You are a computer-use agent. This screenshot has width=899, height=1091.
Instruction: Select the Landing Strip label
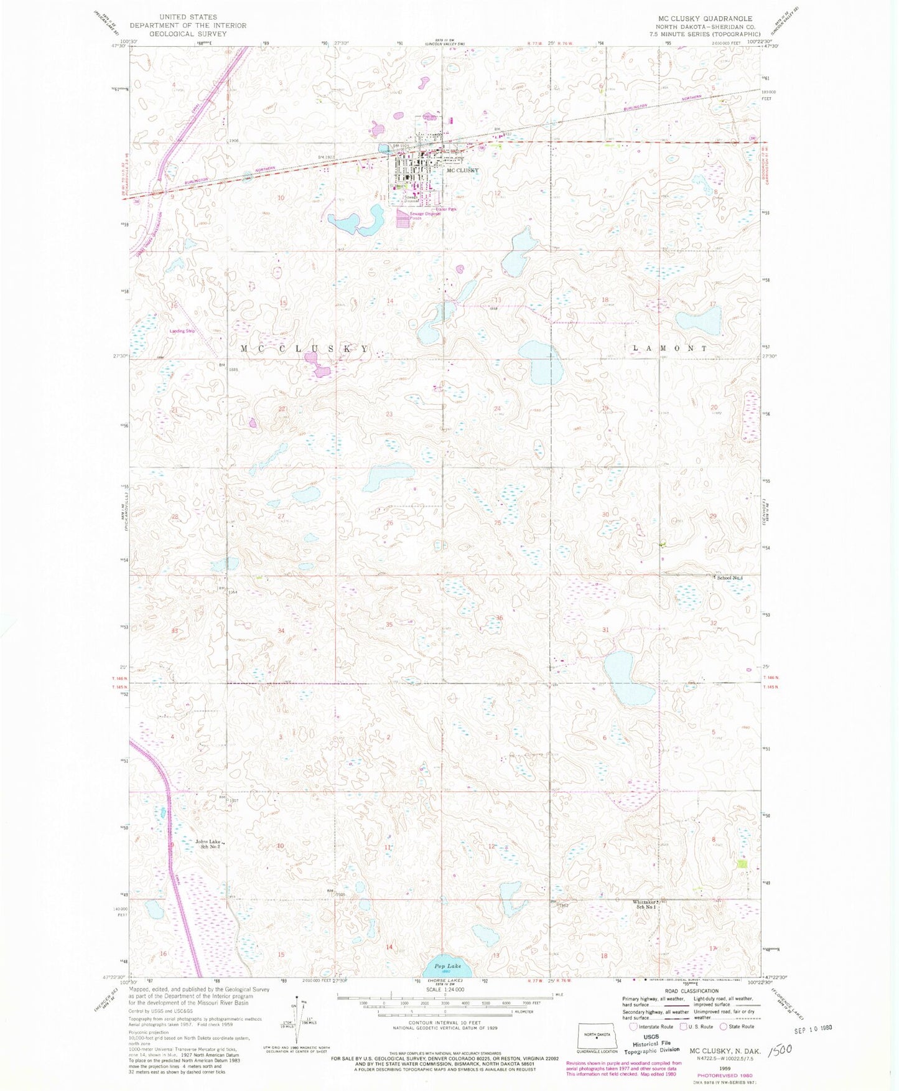pyautogui.click(x=182, y=331)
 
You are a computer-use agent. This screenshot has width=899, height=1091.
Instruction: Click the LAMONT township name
pyautogui.click(x=669, y=349)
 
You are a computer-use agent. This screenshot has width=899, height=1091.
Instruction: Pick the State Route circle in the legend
pyautogui.click(x=724, y=1026)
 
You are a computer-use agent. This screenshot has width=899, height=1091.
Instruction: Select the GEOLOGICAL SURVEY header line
pyautogui.click(x=188, y=34)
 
